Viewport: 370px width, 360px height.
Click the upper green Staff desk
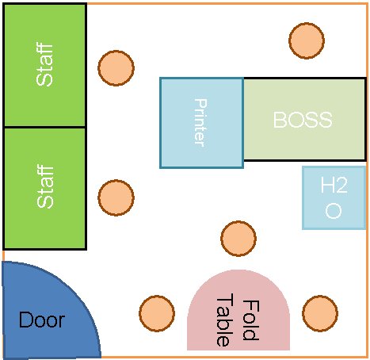pyautogui.click(x=44, y=65)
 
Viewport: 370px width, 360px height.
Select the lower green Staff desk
pyautogui.click(x=44, y=189)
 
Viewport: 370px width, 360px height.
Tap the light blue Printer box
pyautogui.click(x=202, y=123)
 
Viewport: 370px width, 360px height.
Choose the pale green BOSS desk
pyautogui.click(x=304, y=119)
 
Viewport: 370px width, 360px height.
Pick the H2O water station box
pyautogui.click(x=334, y=197)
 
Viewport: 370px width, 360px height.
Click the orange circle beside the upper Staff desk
pyautogui.click(x=116, y=68)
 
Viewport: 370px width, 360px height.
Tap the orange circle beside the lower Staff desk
pyautogui.click(x=116, y=197)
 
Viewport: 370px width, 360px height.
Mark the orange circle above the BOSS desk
pyautogui.click(x=307, y=40)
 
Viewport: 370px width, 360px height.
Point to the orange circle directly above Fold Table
pyautogui.click(x=238, y=239)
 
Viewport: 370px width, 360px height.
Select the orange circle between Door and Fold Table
pyautogui.click(x=157, y=313)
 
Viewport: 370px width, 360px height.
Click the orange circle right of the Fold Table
pyautogui.click(x=320, y=313)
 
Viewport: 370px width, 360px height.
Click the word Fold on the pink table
pyautogui.click(x=251, y=320)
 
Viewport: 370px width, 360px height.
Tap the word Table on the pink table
pyautogui.click(x=225, y=320)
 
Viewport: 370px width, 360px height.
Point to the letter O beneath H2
pyautogui.click(x=334, y=211)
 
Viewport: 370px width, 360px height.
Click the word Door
pyautogui.click(x=42, y=320)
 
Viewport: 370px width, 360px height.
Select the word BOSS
pyautogui.click(x=303, y=120)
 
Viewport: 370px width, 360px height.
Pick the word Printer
pyautogui.click(x=200, y=123)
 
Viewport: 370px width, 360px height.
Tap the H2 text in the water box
pyautogui.click(x=334, y=185)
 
